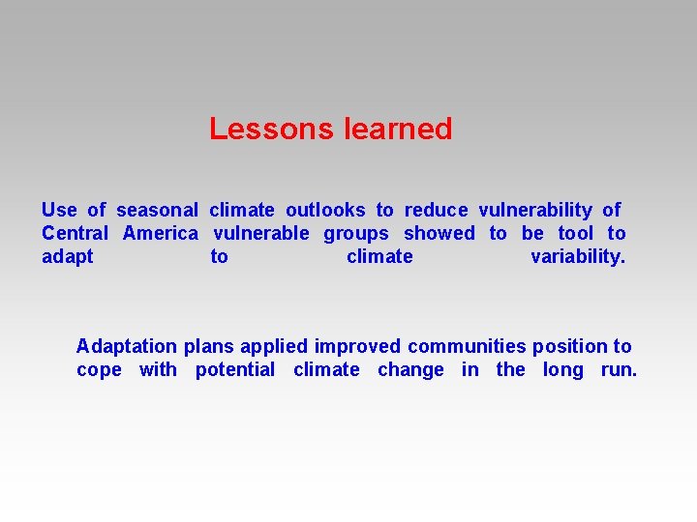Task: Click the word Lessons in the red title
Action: (271, 129)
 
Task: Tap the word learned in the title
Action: (398, 129)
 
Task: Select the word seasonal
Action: (158, 210)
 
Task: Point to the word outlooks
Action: (325, 210)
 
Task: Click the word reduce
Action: (436, 210)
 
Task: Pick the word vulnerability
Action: (535, 211)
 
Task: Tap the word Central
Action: (76, 233)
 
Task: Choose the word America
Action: (161, 233)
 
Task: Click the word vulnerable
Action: (261, 233)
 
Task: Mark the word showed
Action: (439, 233)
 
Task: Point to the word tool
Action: (576, 233)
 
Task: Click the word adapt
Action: (68, 257)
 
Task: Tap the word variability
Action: (578, 257)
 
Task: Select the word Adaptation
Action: (127, 347)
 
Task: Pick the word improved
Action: (357, 347)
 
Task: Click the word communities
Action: (467, 346)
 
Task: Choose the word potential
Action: (235, 370)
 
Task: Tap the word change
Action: (410, 370)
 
